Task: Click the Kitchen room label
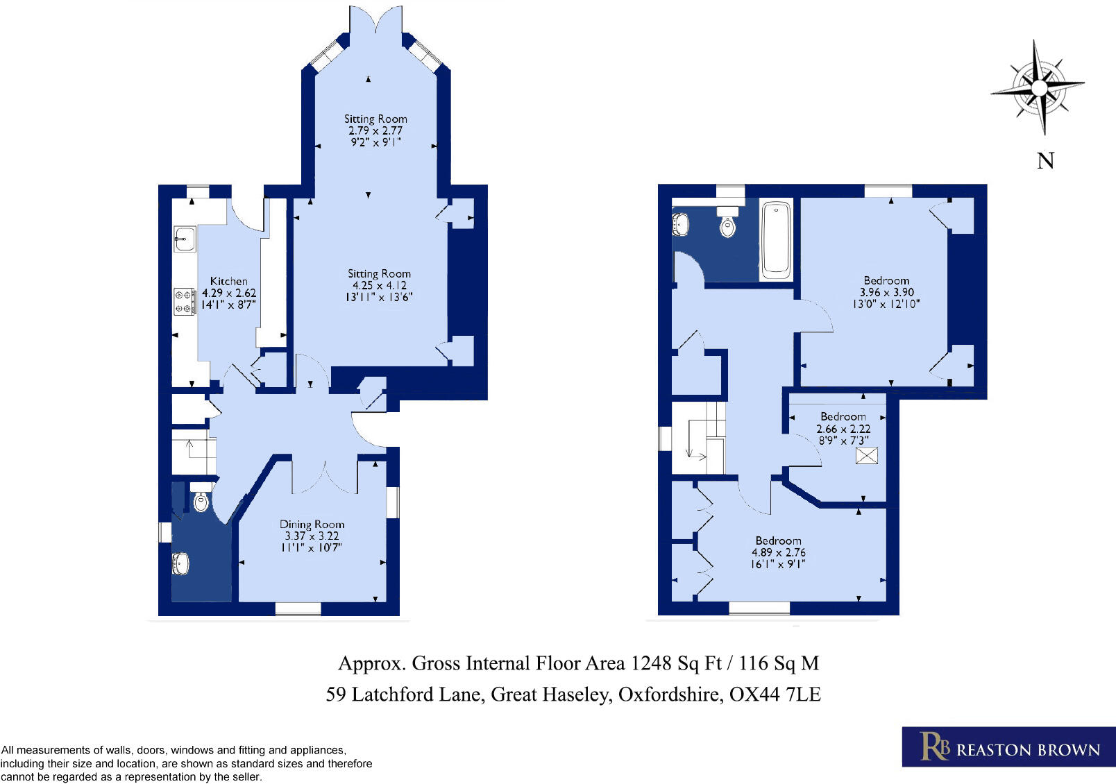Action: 228,281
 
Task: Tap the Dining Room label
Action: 312,525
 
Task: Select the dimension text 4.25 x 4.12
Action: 379,285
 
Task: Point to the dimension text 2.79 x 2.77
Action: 375,130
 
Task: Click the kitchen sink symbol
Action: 185,239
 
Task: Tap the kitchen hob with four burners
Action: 185,302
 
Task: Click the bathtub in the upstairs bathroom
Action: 776,239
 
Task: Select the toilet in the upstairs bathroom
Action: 727,221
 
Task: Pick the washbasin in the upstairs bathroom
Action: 680,224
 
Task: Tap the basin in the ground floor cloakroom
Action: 180,563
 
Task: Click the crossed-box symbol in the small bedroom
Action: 867,456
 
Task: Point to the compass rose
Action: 1038,88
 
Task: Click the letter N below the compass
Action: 1045,161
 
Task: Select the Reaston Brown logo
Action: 1008,747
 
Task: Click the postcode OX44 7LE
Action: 775,694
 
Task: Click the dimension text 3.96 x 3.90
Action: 886,292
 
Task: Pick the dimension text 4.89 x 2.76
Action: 778,552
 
